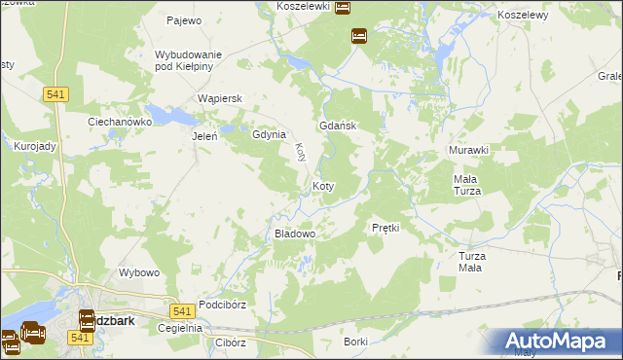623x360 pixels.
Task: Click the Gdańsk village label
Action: (339, 126)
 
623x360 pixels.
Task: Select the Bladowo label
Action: (294, 234)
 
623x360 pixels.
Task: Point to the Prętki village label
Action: (386, 227)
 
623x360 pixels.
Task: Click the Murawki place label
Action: (468, 150)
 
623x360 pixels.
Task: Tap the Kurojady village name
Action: (35, 145)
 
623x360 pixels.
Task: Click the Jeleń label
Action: (203, 136)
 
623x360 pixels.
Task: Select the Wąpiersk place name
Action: (219, 98)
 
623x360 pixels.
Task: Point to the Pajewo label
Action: (183, 19)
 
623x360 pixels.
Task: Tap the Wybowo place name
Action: (138, 272)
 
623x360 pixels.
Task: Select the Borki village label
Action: (355, 342)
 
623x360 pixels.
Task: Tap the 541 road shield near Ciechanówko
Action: (55, 93)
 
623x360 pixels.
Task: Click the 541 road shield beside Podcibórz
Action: (179, 310)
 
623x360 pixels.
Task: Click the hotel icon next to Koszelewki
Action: (343, 8)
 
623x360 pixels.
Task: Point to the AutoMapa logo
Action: (559, 342)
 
